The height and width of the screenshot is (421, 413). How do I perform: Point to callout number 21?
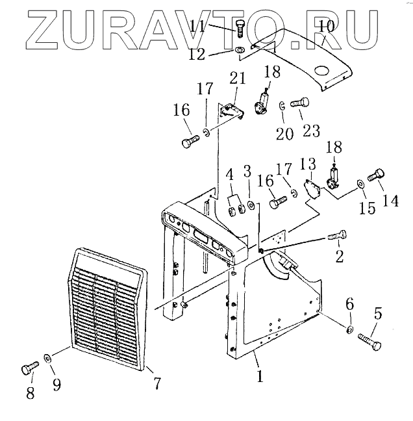point(238,79)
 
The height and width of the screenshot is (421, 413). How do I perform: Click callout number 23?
point(311,131)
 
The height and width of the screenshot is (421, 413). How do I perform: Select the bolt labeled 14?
point(377,175)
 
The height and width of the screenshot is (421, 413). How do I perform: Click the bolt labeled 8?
point(28,368)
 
